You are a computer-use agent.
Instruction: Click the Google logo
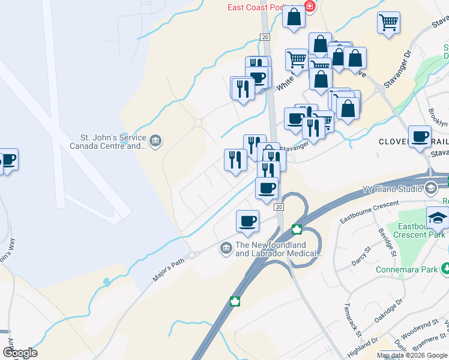19,353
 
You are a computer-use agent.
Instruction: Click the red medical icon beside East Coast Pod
310,7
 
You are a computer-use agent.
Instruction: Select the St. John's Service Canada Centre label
109,141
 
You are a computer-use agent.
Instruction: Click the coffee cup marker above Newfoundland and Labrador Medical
247,221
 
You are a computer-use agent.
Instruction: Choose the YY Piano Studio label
393,190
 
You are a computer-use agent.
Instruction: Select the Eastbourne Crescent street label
369,213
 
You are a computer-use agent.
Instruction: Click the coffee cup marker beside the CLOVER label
420,137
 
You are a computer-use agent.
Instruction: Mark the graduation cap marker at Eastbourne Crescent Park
438,218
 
